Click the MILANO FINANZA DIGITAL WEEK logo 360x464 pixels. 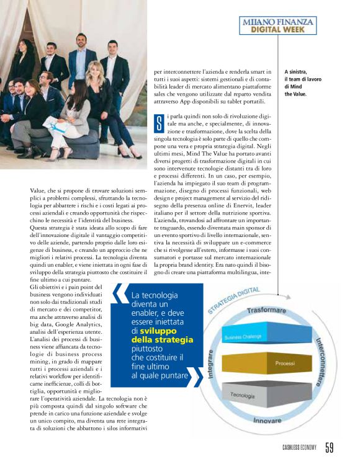tap(278, 25)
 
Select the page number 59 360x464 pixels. tap(330, 447)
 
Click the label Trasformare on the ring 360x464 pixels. tap(266, 310)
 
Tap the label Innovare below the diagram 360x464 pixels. tap(269, 420)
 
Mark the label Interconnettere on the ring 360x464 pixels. tap(319, 362)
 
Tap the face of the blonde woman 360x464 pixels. tap(97, 69)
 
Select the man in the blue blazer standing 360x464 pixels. tap(79, 62)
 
